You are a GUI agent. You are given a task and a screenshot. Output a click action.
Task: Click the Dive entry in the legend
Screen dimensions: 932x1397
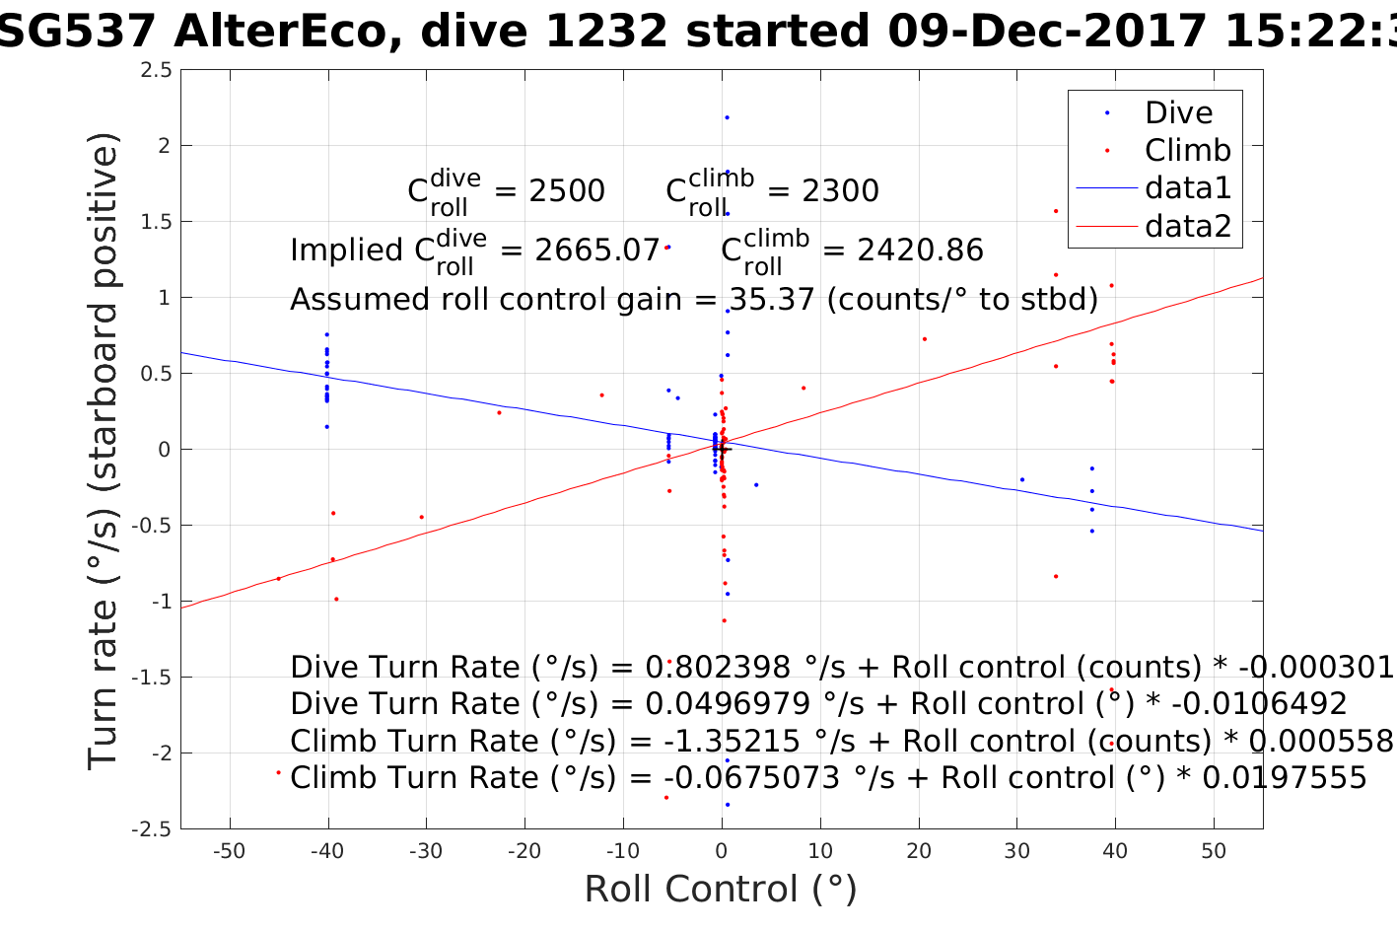(x=1178, y=112)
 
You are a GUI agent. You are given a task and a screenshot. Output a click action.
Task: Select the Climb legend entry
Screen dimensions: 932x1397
(x=1187, y=150)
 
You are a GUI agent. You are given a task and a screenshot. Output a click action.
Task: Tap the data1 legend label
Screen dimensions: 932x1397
(x=1187, y=187)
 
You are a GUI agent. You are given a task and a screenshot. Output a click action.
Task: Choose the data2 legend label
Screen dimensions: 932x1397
(x=1187, y=226)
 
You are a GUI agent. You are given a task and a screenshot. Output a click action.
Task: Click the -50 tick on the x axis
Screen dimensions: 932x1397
(x=229, y=851)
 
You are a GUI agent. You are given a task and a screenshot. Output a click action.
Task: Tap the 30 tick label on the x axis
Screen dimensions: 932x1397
(x=1016, y=851)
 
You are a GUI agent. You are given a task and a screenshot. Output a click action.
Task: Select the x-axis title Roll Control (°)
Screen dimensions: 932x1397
(x=721, y=890)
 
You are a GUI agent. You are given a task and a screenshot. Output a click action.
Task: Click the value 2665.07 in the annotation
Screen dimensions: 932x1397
(x=596, y=251)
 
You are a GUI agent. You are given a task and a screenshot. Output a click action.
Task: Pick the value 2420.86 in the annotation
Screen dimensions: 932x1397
(x=920, y=251)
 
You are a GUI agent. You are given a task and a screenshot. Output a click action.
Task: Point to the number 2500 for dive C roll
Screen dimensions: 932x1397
(x=567, y=191)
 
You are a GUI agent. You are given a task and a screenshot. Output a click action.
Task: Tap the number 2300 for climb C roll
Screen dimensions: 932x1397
(x=840, y=191)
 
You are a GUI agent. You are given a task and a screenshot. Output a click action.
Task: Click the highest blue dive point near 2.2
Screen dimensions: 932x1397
(x=727, y=117)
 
